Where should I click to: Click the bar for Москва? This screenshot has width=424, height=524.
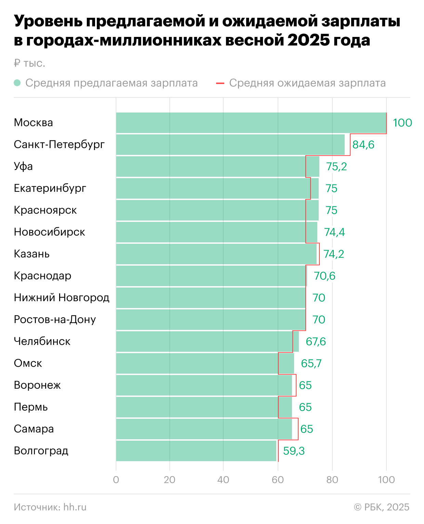tap(251, 123)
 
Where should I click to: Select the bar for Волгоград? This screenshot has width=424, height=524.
tap(196, 451)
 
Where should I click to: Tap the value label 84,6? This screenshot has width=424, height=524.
tap(363, 145)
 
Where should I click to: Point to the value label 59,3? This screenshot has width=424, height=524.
tap(294, 451)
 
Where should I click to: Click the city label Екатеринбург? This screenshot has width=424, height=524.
tap(50, 188)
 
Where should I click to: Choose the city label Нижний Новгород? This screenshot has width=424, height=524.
tap(62, 298)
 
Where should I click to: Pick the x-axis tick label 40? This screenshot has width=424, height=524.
tap(223, 480)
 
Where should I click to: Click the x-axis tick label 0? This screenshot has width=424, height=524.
tap(116, 480)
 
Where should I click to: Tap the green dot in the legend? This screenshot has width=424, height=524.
tap(17, 83)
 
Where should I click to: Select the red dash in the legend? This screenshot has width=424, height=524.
tap(220, 83)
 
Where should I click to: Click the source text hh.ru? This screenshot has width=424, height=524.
tap(75, 507)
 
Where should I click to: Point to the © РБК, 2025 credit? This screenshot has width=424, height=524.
tap(382, 507)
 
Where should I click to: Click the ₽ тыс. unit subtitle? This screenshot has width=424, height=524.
tap(29, 63)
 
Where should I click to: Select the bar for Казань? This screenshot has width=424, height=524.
tap(216, 254)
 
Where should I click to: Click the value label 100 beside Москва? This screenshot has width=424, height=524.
tap(402, 123)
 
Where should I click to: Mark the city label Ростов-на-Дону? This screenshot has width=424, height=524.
tap(55, 320)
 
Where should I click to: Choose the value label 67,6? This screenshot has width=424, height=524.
tap(316, 341)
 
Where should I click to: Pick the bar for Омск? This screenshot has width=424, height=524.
tap(205, 363)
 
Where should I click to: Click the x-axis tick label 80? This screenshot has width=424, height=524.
tap(332, 480)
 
